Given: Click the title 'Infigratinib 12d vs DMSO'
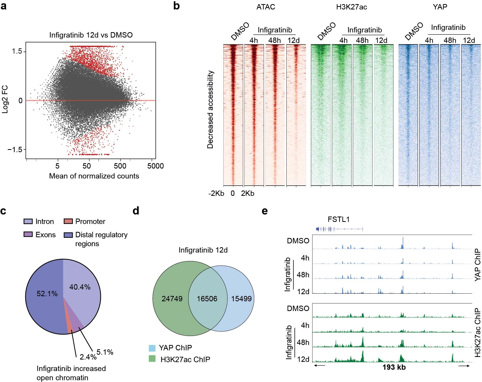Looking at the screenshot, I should pos(91,35).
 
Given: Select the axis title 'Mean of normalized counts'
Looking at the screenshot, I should pos(94,176).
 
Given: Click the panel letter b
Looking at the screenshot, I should pos(176,6).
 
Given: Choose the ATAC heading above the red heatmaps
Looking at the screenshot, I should pos(266,7).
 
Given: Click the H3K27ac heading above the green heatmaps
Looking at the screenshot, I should pos(351,7).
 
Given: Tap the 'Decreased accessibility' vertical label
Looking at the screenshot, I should pos(210,110).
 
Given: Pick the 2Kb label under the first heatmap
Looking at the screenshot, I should pos(248,193).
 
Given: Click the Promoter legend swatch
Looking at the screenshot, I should pos(68,221).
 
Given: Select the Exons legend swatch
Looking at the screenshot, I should pos(28,234).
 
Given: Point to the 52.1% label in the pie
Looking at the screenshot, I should pos(47,294).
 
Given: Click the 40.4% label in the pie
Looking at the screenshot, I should pos(80,287).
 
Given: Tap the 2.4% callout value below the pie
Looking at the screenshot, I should pos(88,357).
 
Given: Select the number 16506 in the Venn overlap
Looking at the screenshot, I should pos(207,299).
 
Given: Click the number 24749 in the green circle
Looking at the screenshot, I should pos(172,299).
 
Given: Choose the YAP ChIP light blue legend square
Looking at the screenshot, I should pos(152,348).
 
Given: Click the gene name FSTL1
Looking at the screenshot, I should pos(339,219).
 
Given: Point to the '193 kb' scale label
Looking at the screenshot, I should pos(394,367).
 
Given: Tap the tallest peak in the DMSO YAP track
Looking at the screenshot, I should pos(403,241).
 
